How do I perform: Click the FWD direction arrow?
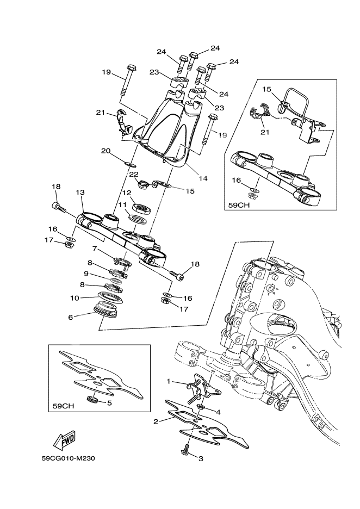pos(64,439)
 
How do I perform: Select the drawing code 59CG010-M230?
pos(69,458)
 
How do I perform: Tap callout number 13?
pos(80,193)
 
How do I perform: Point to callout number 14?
pos(203,178)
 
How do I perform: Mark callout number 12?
pos(126,193)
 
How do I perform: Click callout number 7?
pos(94,249)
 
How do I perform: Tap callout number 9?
pos(86,273)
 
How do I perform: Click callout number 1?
pos(169,382)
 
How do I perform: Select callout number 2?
pos(156,421)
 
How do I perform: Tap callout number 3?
pos(200,459)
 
